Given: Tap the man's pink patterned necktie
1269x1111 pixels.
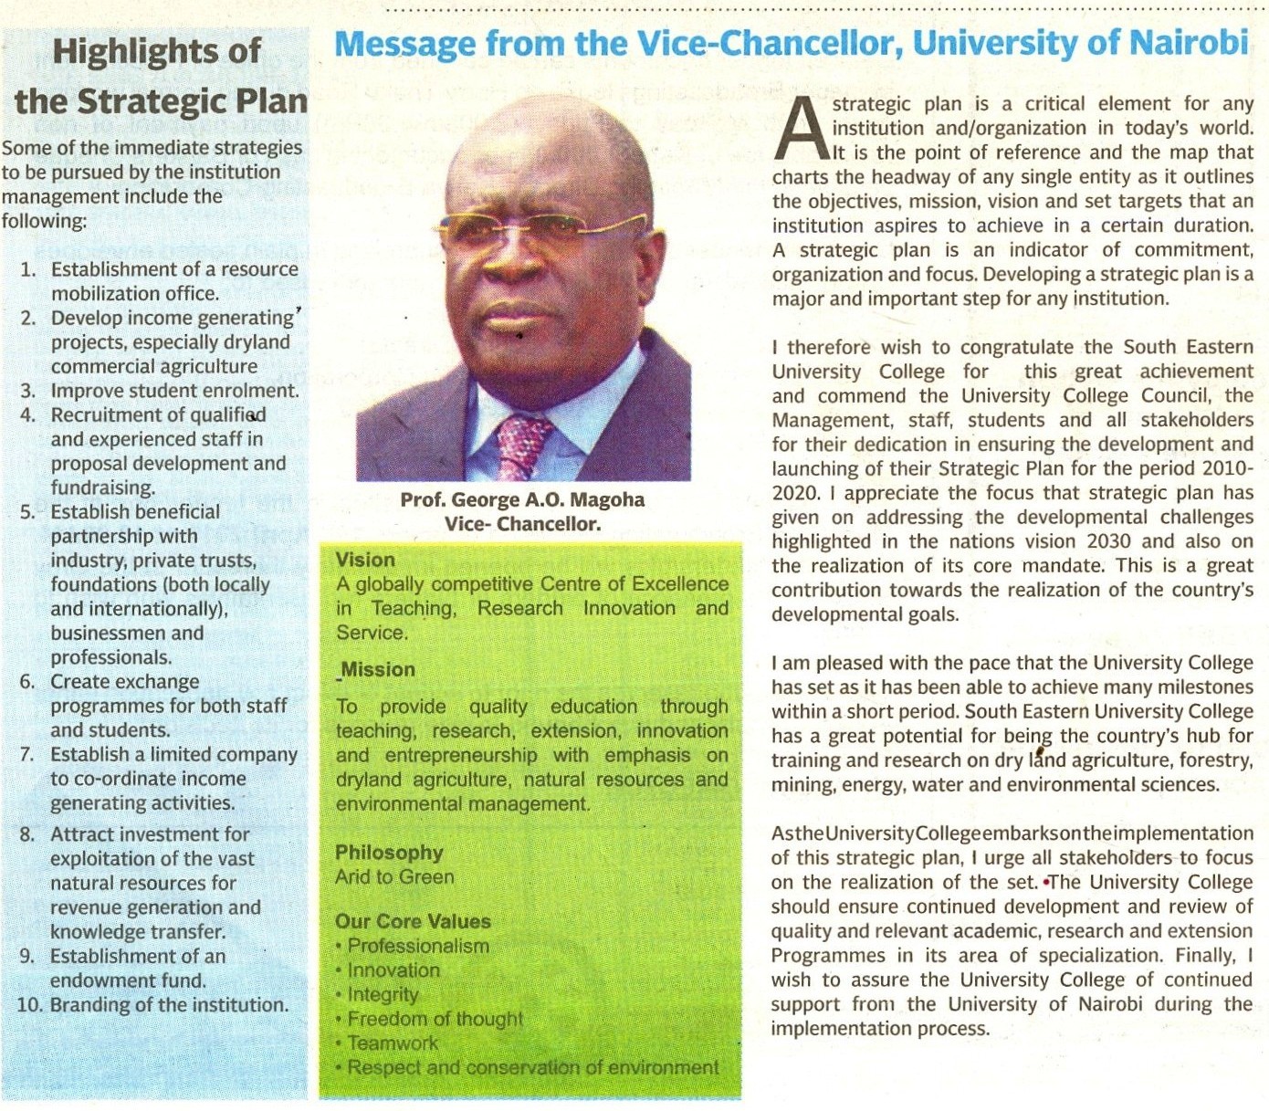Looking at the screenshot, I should [522, 447].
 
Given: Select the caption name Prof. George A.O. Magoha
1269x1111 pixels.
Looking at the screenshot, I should [522, 499].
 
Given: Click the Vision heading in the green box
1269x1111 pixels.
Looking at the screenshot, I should [365, 560].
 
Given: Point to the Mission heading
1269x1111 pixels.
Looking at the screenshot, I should [378, 669].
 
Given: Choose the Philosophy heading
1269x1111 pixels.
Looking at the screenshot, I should [389, 853].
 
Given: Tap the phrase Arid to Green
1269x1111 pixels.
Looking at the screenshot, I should [394, 877].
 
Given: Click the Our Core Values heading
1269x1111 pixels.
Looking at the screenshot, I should [413, 921].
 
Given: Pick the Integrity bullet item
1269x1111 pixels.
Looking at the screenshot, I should [383, 994].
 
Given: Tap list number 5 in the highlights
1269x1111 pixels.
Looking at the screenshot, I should [28, 512].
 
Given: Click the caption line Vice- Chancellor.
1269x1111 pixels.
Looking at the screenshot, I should [522, 524].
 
